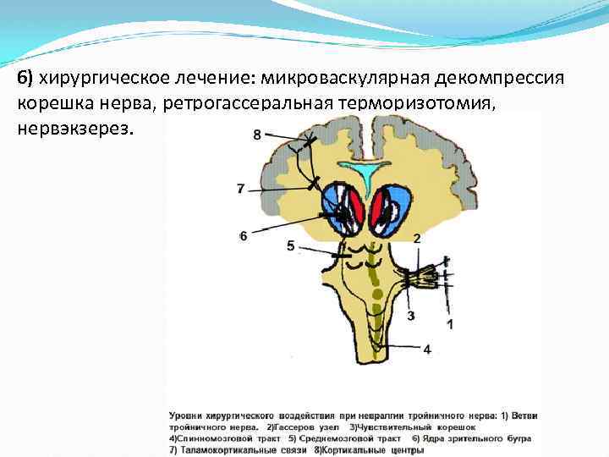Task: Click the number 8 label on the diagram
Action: click(x=257, y=134)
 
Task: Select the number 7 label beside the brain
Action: click(x=241, y=188)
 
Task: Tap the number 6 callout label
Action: click(x=243, y=236)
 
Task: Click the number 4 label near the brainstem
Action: click(x=427, y=348)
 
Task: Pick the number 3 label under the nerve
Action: click(x=411, y=316)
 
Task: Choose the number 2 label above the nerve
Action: click(x=417, y=240)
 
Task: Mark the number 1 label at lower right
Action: click(x=450, y=323)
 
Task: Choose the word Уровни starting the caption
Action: click(x=187, y=416)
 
